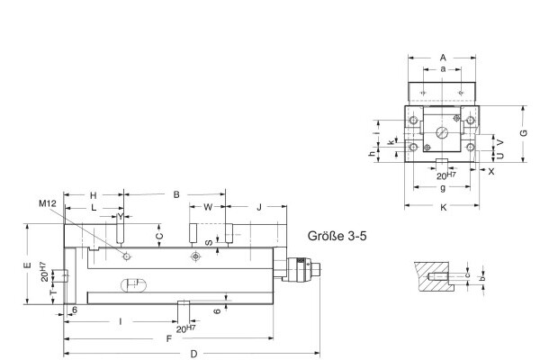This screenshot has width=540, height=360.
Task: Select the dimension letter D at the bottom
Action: (x=193, y=354)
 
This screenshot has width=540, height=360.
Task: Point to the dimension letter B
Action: (x=176, y=194)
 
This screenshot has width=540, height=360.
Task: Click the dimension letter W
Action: (x=209, y=208)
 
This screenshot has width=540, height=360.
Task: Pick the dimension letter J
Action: (x=259, y=208)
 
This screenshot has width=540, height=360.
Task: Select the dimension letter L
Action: (x=94, y=208)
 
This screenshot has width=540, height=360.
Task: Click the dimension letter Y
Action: (x=120, y=217)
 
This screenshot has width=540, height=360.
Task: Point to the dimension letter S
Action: (x=209, y=241)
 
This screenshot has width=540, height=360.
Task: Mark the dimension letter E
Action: (x=28, y=265)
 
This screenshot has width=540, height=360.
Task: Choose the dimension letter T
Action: (x=52, y=293)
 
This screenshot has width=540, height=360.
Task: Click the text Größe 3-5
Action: (x=339, y=236)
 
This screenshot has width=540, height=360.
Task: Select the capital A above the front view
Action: (x=443, y=57)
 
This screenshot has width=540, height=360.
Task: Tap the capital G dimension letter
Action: (x=525, y=133)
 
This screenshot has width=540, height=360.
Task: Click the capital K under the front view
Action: (x=443, y=208)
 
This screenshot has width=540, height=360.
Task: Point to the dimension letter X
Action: (x=490, y=170)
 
